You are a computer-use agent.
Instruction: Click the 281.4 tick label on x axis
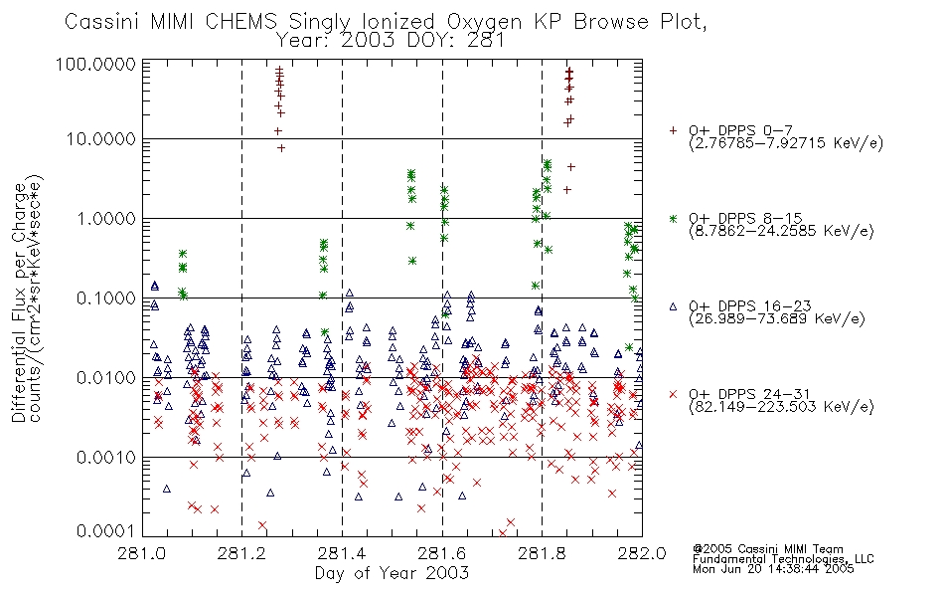(x=342, y=553)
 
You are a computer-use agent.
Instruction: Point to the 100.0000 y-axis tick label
(x=95, y=64)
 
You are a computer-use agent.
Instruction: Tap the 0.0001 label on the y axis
(x=106, y=530)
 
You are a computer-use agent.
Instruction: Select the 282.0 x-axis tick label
(x=642, y=553)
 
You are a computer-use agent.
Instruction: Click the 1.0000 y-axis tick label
(x=106, y=218)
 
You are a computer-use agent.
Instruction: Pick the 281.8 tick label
(x=542, y=553)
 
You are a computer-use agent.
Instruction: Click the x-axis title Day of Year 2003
(x=392, y=573)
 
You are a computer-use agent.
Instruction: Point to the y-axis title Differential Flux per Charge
(x=19, y=301)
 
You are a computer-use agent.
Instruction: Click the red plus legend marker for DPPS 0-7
(x=673, y=130)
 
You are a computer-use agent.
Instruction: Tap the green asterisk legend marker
(x=673, y=218)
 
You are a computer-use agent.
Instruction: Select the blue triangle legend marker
(x=673, y=306)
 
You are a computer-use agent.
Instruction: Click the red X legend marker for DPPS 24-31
(x=673, y=394)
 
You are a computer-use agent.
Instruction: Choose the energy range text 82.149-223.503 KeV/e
(x=781, y=407)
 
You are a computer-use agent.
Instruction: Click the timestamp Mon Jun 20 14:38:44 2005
(x=773, y=569)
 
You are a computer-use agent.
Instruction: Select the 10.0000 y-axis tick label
(x=101, y=139)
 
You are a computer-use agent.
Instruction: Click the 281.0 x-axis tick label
(x=141, y=553)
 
